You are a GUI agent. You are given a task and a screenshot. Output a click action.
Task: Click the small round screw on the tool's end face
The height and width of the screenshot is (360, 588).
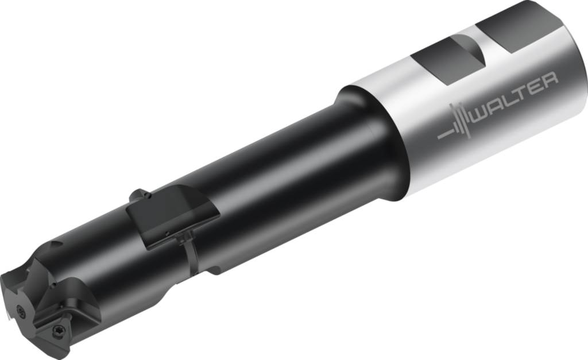coord(21,310)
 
